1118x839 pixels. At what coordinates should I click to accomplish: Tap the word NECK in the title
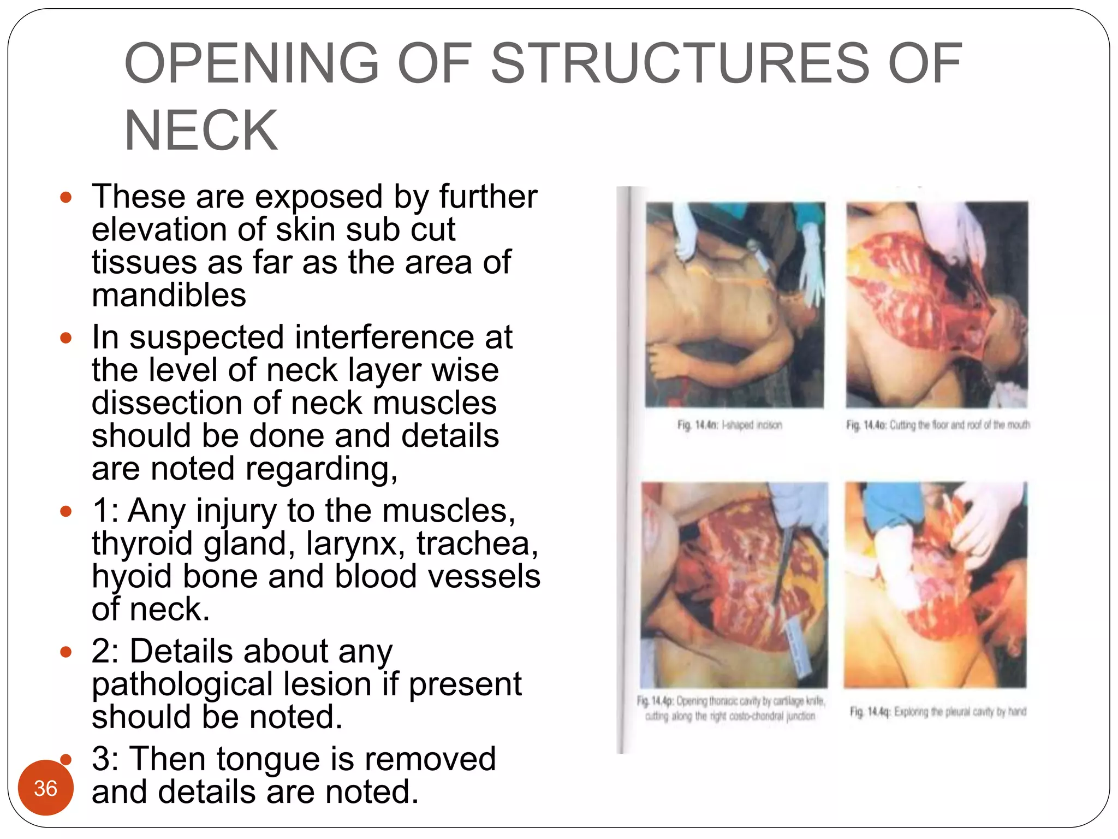(201, 131)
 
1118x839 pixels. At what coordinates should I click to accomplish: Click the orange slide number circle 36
(46, 788)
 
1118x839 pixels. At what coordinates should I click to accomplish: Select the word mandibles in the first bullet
(169, 296)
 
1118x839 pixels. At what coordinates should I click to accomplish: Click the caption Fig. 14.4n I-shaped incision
(729, 425)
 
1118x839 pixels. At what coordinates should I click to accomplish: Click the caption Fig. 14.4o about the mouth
(937, 425)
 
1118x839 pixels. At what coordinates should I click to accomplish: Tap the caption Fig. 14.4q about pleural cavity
(937, 712)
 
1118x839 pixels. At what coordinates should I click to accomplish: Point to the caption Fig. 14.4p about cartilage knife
(730, 708)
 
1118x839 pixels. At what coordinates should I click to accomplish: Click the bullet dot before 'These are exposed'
(66, 198)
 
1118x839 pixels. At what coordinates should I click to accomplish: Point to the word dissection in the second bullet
(166, 403)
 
